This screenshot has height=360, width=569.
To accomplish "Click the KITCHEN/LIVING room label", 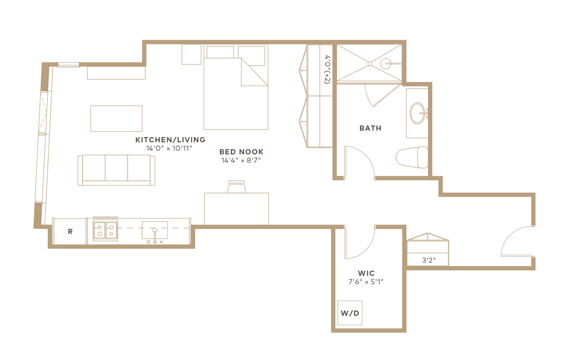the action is pyautogui.click(x=170, y=140).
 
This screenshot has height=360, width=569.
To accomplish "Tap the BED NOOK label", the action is pyautogui.click(x=241, y=152).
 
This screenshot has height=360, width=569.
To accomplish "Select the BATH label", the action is pyautogui.click(x=371, y=128).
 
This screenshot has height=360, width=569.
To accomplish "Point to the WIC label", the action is pyautogui.click(x=366, y=274).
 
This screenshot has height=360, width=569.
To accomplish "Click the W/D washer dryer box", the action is pyautogui.click(x=350, y=313).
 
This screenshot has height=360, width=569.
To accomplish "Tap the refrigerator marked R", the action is pyautogui.click(x=70, y=231).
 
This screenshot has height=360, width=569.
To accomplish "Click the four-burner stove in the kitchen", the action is pyautogui.click(x=105, y=230).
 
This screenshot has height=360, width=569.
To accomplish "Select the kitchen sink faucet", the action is pyautogui.click(x=155, y=236).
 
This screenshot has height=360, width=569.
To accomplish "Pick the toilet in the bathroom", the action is pyautogui.click(x=412, y=157).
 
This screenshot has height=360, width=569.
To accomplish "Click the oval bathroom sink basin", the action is pyautogui.click(x=418, y=113).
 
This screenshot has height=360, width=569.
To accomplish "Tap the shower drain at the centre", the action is pyautogui.click(x=370, y=63).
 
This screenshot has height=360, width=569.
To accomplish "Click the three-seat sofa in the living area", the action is pyautogui.click(x=116, y=170).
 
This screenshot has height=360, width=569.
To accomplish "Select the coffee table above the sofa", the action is pyautogui.click(x=116, y=118).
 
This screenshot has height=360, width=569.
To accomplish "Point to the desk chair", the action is pyautogui.click(x=236, y=187).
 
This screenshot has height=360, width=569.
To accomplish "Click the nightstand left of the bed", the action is pyautogui.click(x=192, y=55).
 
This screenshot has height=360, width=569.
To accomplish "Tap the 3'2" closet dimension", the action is pyautogui.click(x=429, y=260).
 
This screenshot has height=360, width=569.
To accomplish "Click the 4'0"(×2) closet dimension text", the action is pyautogui.click(x=327, y=69).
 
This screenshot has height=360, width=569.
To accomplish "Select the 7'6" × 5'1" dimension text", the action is pyautogui.click(x=366, y=282).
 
